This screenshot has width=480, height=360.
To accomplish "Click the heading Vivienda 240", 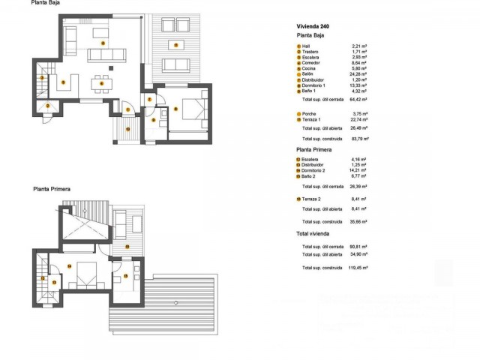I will pos(312,26).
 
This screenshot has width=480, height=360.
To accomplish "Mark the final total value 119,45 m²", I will pos(358,267).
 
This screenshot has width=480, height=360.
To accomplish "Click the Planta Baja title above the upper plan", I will pos(46,3).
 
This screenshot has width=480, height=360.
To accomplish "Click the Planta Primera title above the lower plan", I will pos(51,189).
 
